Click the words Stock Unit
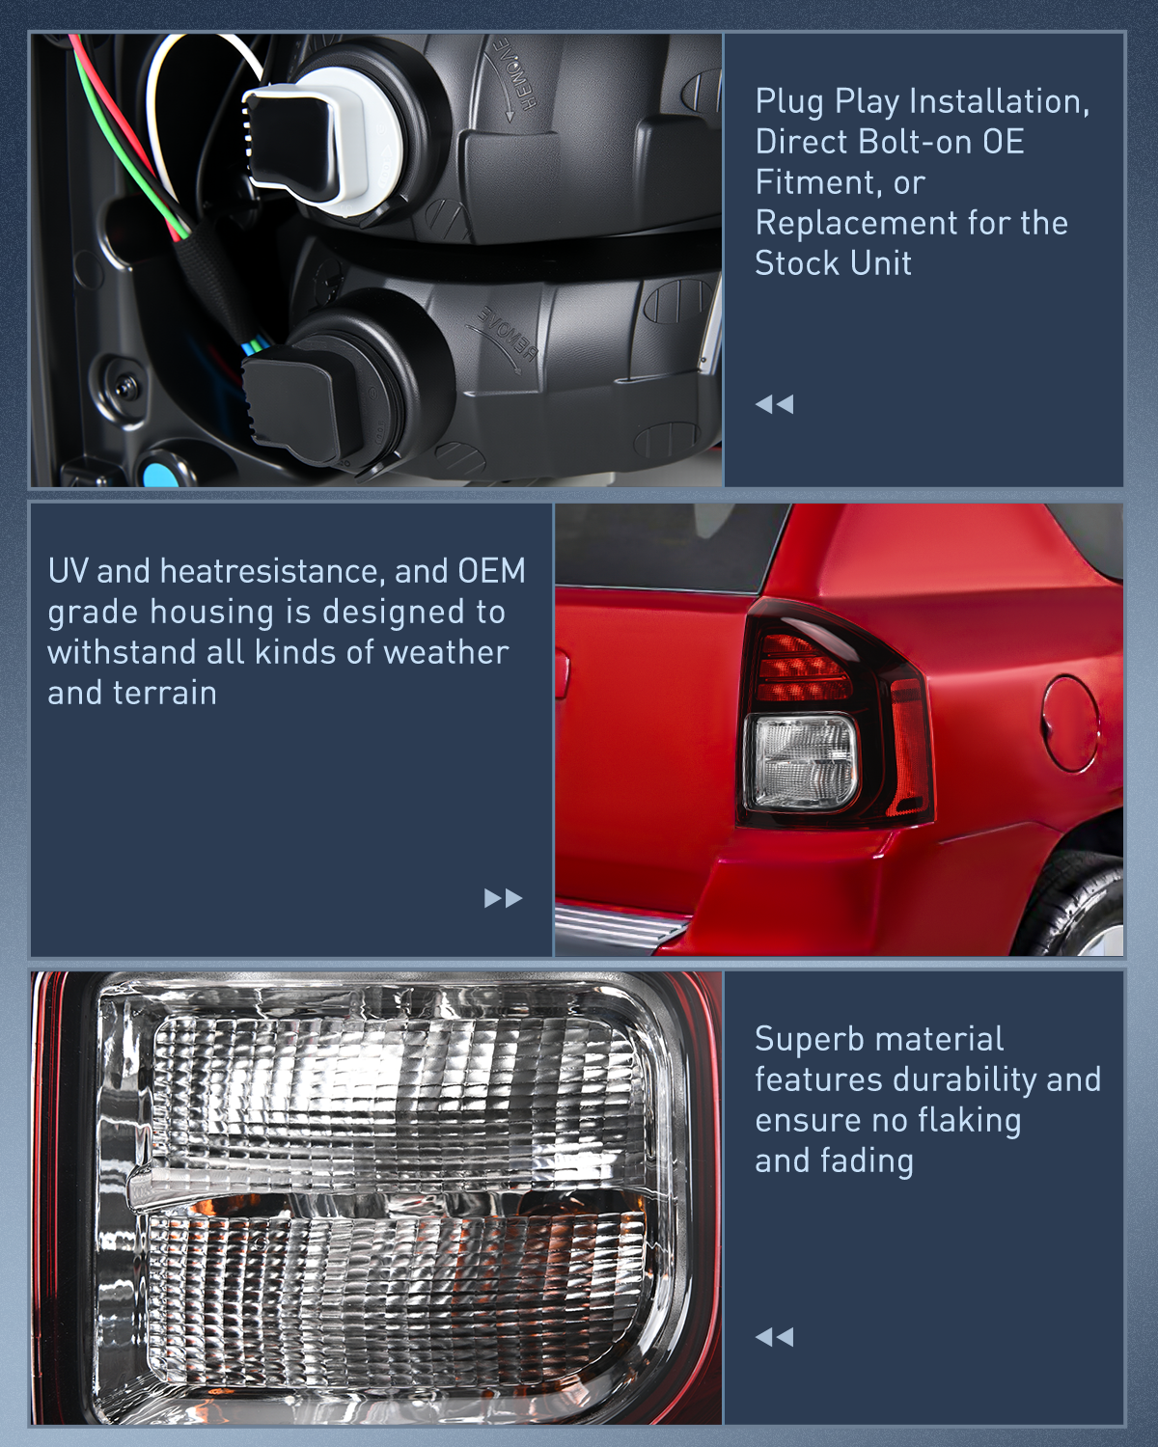[833, 263]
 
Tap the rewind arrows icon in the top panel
[774, 404]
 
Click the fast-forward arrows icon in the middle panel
[503, 898]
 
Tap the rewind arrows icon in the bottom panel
[774, 1337]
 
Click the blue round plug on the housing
[157, 475]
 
